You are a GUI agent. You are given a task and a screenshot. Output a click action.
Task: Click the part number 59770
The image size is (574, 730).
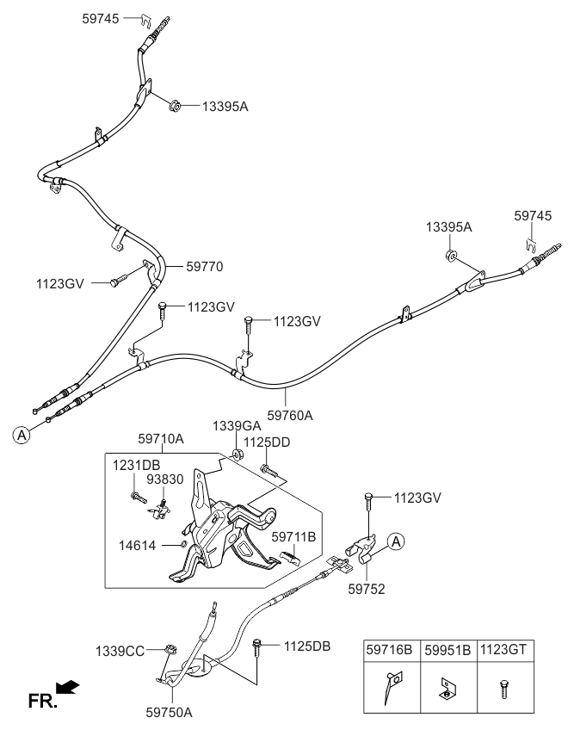coord(205,267)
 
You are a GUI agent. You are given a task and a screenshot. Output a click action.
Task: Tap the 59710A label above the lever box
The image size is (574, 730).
coord(161,439)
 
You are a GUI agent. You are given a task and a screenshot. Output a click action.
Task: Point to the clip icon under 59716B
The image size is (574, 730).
coord(390,689)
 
